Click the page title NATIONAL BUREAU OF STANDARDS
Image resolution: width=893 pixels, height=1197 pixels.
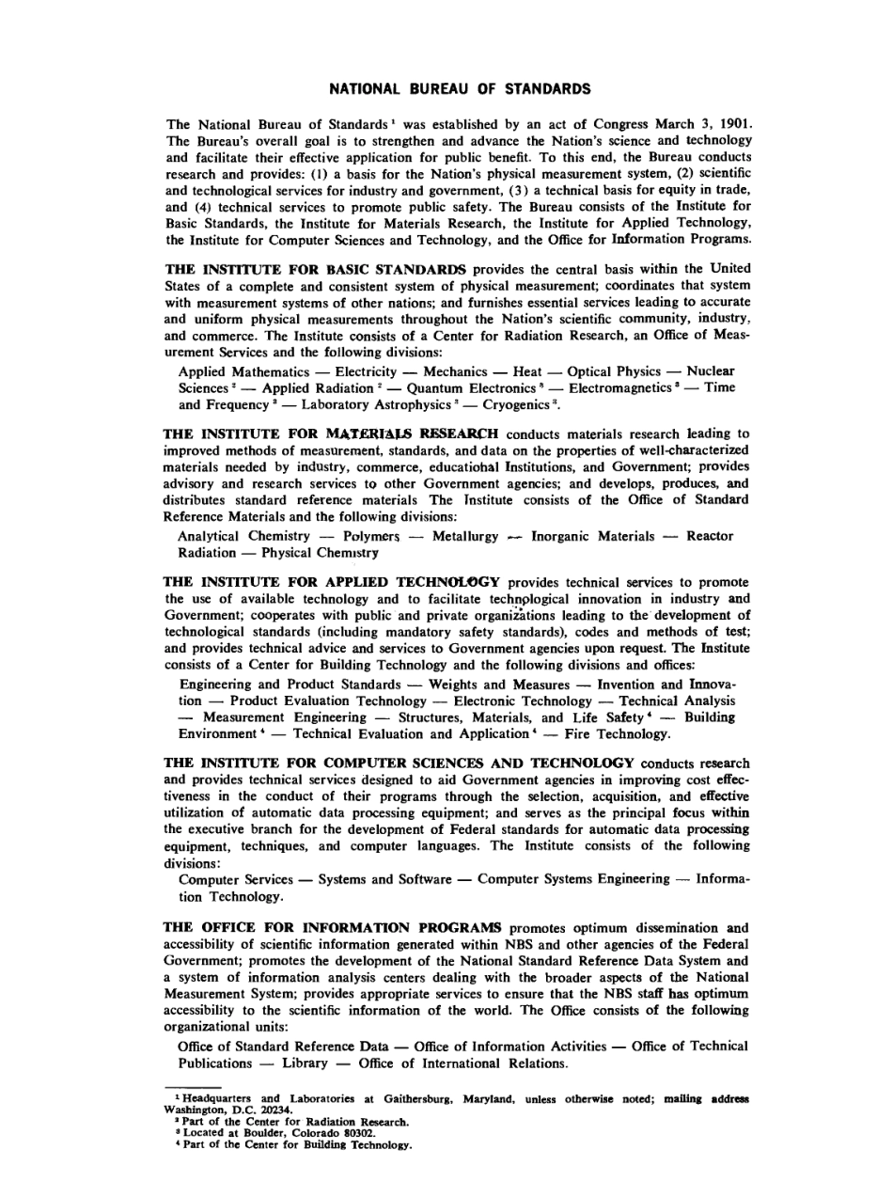pyautogui.click(x=460, y=89)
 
